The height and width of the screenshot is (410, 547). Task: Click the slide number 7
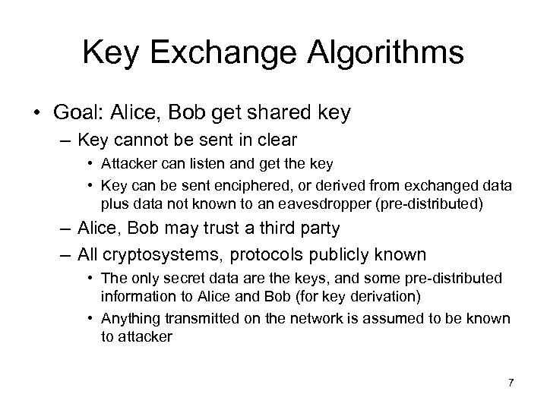(511, 381)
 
